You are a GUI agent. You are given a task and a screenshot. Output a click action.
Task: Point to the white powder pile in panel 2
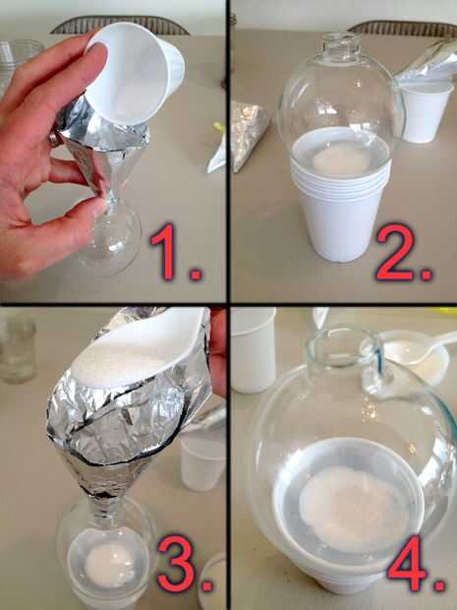[x=341, y=160]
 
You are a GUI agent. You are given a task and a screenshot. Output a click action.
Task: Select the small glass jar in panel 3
[x=18, y=350]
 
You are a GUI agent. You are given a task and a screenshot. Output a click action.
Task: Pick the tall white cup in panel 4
[x=253, y=350]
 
